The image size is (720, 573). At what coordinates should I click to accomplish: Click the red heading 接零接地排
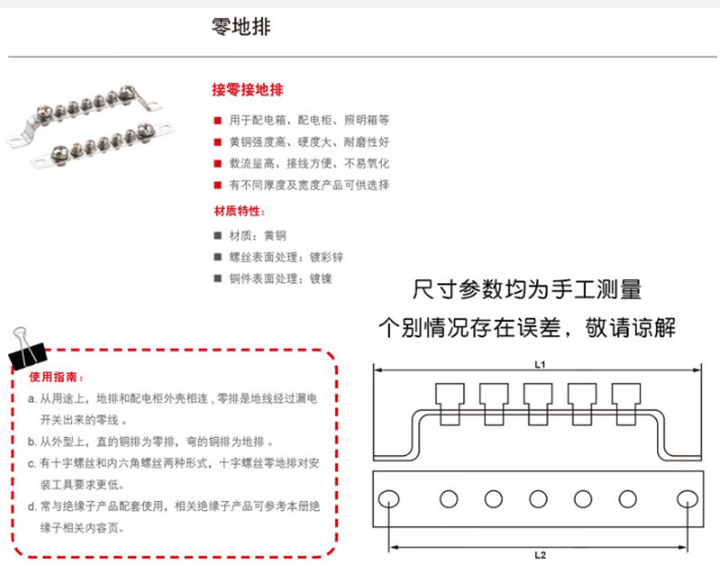247,91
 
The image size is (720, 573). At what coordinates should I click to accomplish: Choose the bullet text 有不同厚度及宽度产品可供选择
309,185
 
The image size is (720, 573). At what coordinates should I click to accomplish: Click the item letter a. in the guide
34,400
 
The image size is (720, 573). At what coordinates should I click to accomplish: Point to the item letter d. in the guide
34,509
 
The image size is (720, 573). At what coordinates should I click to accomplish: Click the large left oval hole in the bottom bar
389,498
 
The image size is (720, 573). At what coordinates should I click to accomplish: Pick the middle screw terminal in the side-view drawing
539,401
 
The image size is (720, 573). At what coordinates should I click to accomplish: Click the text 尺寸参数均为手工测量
527,291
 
